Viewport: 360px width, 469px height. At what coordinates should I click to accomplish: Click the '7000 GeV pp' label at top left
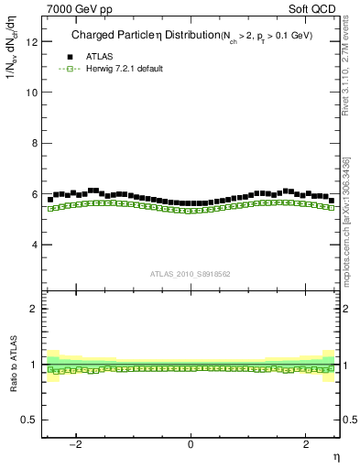pyautogui.click(x=75, y=7)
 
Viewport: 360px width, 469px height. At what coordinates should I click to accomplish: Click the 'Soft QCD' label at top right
pyautogui.click(x=317, y=7)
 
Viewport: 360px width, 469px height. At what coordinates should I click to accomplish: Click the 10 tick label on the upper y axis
pyautogui.click(x=34, y=93)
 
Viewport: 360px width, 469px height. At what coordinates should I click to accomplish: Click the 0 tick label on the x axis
pyautogui.click(x=191, y=444)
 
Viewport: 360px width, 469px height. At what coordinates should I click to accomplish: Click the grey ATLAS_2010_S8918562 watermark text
pyautogui.click(x=191, y=274)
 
